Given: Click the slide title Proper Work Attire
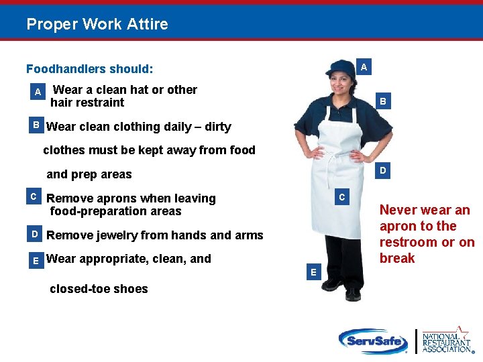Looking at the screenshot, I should [x=97, y=25].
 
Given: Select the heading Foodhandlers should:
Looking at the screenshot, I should [x=89, y=69].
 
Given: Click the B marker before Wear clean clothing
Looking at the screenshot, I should [x=36, y=125].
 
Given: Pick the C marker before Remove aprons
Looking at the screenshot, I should [x=33, y=196].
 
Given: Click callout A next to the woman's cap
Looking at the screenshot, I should [x=363, y=67].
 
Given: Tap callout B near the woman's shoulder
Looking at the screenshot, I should [x=382, y=102].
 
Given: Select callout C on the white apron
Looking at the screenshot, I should [x=341, y=197].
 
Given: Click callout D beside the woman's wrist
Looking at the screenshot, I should [x=382, y=171].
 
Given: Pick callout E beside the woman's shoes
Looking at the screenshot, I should [x=312, y=271].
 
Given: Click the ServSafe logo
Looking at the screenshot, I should [x=373, y=341].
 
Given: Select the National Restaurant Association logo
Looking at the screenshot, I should [x=445, y=340].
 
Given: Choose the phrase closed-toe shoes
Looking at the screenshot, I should [x=99, y=289].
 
